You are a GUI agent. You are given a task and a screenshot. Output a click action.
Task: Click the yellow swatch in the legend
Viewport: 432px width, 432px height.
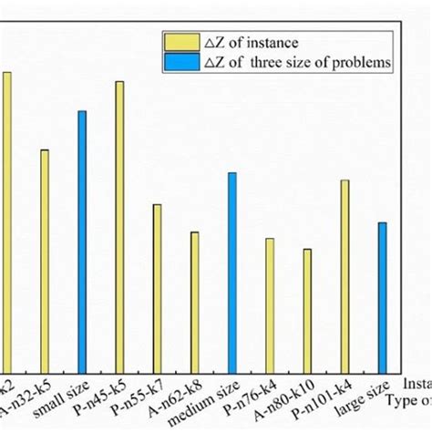tap(175, 42)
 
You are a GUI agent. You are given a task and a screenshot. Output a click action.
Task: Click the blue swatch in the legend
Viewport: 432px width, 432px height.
tap(175, 62)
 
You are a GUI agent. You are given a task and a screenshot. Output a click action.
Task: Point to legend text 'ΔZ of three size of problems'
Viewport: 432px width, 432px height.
tap(277, 62)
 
